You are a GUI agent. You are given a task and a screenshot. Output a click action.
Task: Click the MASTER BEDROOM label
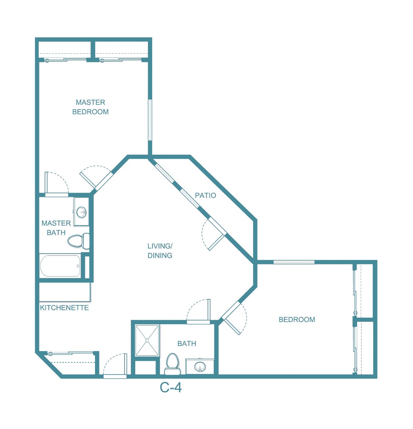90,107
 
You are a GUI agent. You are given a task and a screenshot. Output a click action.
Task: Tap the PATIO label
205,195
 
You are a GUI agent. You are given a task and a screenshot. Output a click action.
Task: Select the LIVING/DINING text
160,251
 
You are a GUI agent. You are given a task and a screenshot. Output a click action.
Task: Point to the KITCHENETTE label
64,308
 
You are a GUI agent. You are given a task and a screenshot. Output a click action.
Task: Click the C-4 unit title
171,388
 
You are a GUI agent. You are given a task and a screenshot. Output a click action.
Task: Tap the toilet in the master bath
78,241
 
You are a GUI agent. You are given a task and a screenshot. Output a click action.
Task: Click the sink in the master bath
81,212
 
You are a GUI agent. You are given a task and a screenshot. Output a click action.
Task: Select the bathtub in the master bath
60,266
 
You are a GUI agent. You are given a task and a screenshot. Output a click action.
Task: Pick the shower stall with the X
147,340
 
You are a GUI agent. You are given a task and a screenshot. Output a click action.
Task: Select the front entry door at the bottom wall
115,366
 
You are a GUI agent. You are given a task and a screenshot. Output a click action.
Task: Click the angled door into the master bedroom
96,178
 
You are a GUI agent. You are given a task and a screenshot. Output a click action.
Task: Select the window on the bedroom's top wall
294,262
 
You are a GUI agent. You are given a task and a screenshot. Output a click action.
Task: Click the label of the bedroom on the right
297,319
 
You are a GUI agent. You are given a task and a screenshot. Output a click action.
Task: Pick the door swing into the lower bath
198,311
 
